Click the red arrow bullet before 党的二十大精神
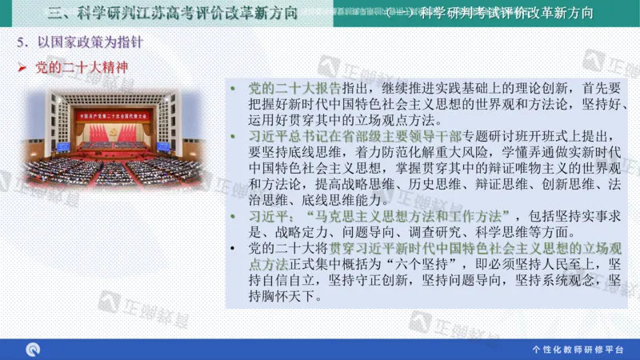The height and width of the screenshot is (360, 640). pyautogui.click(x=23, y=68)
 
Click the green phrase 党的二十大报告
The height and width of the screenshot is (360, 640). pyautogui.click(x=296, y=88)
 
